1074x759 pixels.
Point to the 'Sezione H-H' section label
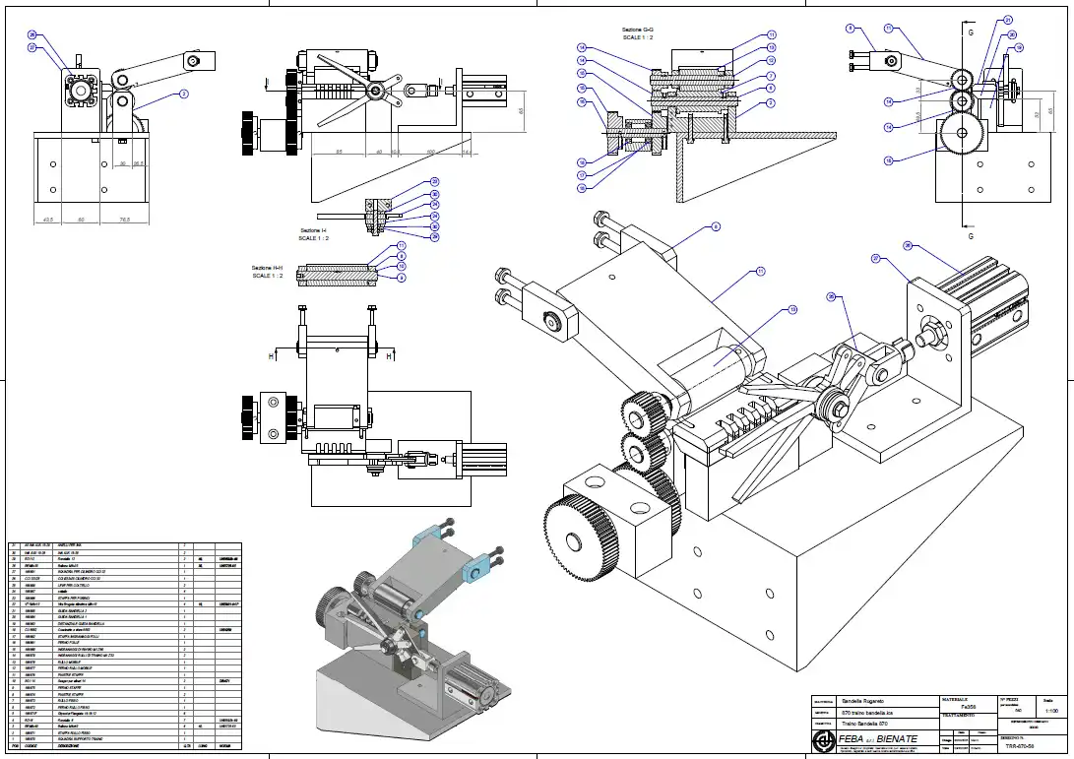pyautogui.click(x=267, y=268)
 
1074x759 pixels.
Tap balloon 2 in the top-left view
pyautogui.click(x=183, y=95)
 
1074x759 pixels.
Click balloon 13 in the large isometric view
pyautogui.click(x=792, y=311)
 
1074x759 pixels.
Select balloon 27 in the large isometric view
pyautogui.click(x=875, y=259)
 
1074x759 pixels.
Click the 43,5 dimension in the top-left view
pyautogui.click(x=46, y=220)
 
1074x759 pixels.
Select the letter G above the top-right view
pyautogui.click(x=971, y=32)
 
